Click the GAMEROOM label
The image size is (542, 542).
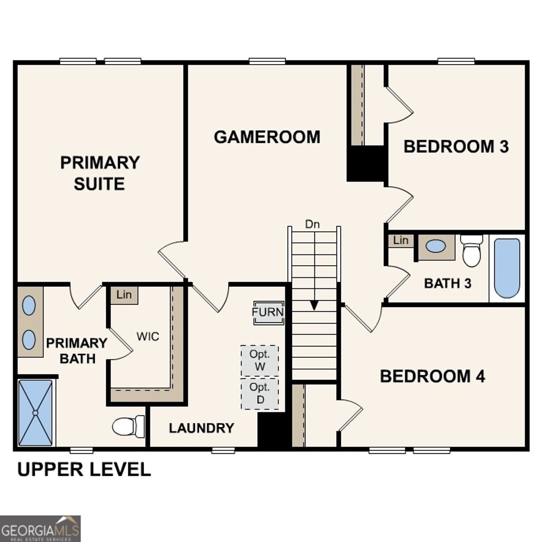[267, 137]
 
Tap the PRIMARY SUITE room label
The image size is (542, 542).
[100, 173]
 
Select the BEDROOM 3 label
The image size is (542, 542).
[456, 147]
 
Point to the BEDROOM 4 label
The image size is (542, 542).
[432, 376]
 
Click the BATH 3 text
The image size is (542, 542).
[447, 283]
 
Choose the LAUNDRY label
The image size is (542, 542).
[201, 428]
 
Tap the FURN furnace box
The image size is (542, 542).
[268, 312]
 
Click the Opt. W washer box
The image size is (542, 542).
[260, 360]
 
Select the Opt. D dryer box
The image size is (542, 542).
[260, 394]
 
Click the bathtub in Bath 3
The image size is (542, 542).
[507, 268]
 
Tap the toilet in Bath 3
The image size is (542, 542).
[471, 251]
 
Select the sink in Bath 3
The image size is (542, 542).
[436, 246]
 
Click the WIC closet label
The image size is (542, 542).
[148, 337]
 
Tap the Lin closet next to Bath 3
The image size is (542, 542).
[401, 240]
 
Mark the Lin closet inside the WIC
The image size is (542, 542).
[124, 295]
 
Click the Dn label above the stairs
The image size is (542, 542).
[312, 224]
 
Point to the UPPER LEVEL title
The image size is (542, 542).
[84, 469]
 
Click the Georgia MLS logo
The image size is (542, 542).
[40, 528]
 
